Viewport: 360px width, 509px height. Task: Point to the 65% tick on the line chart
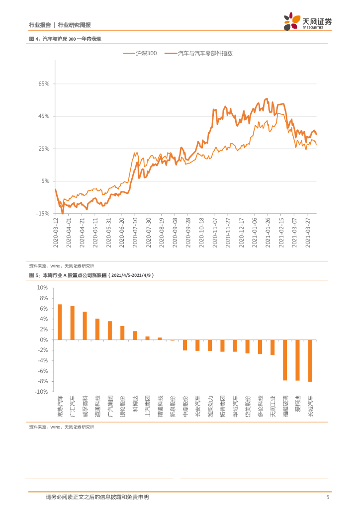(x=44, y=84)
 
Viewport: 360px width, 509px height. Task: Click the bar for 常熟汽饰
(x=60, y=322)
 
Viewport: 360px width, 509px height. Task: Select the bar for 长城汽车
(x=310, y=360)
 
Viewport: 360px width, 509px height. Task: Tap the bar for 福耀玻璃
(x=285, y=360)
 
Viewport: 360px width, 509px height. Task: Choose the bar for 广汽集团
(x=110, y=331)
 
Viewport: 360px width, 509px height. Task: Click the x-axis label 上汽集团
(x=147, y=406)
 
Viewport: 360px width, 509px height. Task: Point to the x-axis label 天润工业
(x=272, y=406)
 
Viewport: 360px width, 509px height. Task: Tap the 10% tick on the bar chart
(x=43, y=288)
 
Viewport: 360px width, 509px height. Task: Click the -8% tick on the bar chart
(x=43, y=381)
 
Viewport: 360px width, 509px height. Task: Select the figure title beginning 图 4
(x=65, y=39)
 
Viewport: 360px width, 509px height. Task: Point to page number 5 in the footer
(x=328, y=497)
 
